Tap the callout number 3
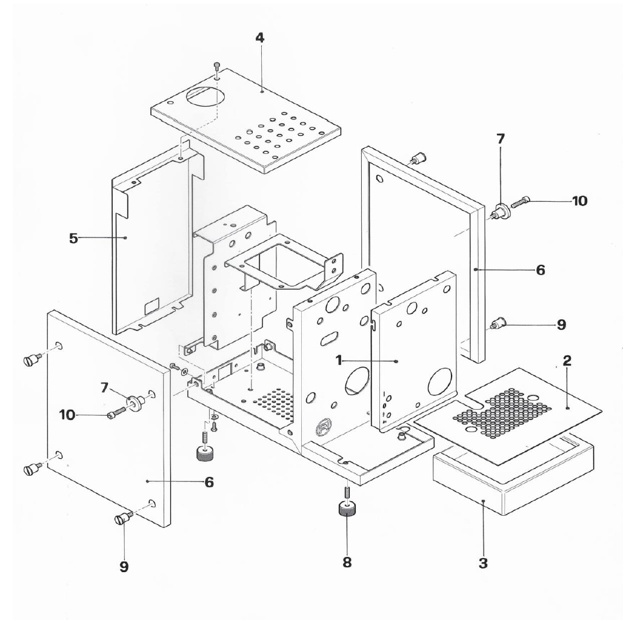(483, 563)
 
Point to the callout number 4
(259, 38)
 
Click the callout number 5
(73, 238)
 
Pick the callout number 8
(347, 562)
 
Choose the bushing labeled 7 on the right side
(502, 212)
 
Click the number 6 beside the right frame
(539, 270)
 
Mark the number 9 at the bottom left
(124, 567)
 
